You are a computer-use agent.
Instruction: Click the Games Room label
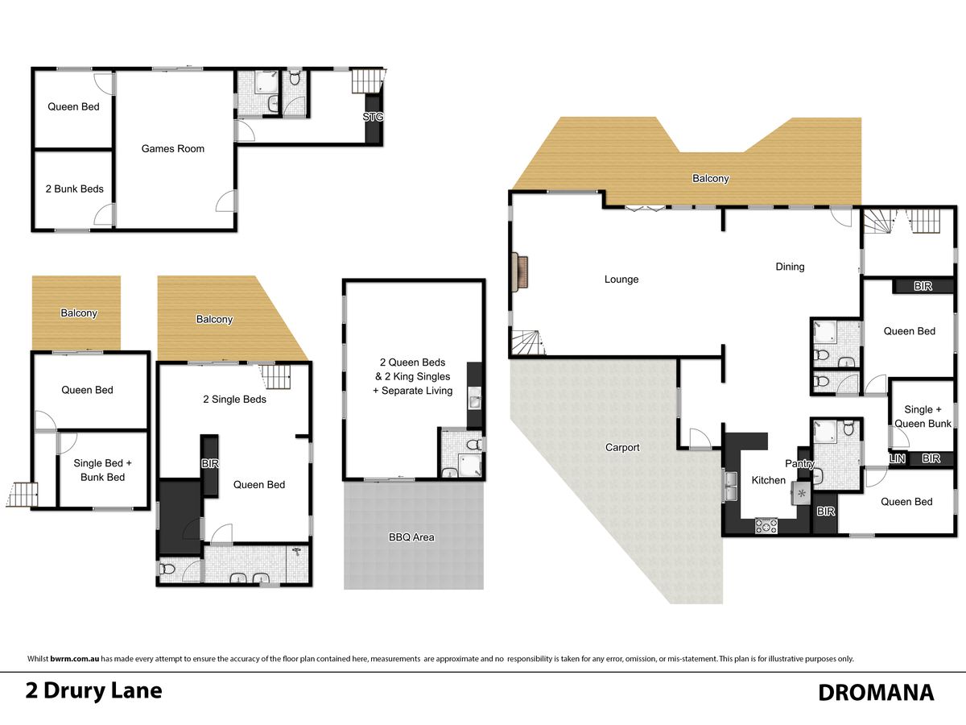click(172, 149)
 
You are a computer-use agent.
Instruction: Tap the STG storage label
click(373, 117)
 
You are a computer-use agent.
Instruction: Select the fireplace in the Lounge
click(519, 271)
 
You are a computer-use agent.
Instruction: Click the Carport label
click(621, 447)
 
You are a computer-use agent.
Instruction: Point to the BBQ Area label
click(411, 537)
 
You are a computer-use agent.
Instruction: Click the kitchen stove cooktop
click(766, 525)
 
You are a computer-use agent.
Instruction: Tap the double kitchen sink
click(732, 486)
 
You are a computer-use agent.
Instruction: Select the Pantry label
click(799, 463)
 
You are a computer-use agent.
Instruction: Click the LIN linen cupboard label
click(898, 458)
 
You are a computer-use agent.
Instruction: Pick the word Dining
click(790, 267)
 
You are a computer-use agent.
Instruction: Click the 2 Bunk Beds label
click(74, 188)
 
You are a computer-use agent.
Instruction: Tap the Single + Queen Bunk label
click(923, 416)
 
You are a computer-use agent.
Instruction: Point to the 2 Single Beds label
click(234, 400)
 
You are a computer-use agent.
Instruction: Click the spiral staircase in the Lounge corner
click(526, 342)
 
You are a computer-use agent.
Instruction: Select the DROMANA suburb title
click(876, 693)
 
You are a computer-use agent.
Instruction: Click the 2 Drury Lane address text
click(93, 690)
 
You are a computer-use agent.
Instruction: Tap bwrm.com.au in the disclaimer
click(74, 659)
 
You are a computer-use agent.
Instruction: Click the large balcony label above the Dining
click(710, 178)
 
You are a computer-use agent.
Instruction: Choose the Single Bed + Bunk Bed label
click(102, 470)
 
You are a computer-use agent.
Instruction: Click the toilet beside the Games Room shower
click(295, 78)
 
